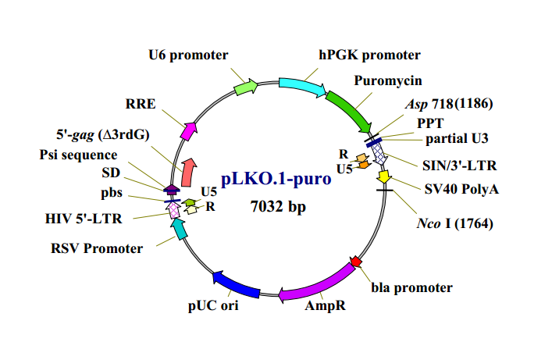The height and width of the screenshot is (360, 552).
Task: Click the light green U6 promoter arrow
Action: [246, 87]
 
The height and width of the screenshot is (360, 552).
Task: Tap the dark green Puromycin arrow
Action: [349, 110]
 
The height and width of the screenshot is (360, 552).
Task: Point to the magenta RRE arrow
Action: [188, 131]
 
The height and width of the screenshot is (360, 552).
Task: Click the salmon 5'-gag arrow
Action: [188, 173]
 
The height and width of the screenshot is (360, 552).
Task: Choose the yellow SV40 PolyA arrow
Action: [383, 176]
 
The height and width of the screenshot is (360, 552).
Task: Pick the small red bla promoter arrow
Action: [356, 262]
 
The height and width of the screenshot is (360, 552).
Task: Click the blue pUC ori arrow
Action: [236, 284]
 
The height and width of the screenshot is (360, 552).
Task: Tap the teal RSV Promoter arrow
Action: [180, 229]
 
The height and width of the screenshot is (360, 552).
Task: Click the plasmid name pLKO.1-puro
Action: [276, 178]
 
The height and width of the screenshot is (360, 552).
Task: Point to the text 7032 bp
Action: [278, 206]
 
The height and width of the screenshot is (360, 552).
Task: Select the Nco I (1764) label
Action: [455, 223]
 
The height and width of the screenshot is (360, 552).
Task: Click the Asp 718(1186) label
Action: [449, 104]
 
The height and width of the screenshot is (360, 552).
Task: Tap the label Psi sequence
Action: [78, 155]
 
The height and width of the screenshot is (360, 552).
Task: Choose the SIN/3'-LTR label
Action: [459, 166]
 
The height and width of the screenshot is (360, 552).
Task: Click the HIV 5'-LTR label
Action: [84, 219]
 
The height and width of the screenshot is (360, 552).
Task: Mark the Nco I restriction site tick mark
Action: [384, 191]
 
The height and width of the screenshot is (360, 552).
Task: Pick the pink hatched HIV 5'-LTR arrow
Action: [173, 210]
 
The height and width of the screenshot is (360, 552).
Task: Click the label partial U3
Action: [457, 138]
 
